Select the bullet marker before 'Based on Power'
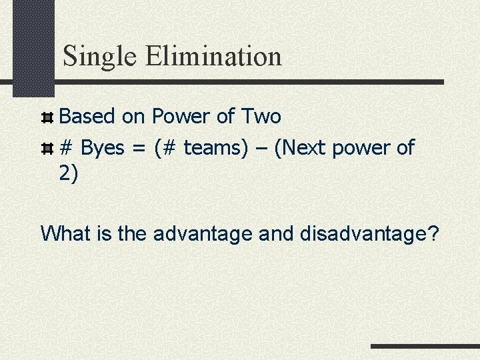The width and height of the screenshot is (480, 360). pos(47,117)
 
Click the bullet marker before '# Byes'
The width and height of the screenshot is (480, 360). pos(47,148)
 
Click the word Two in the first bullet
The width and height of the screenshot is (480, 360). pos(261,117)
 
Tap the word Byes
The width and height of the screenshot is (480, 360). pos(102,148)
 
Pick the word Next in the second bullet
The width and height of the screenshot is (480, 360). pos(304,148)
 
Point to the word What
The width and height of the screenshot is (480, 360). pos(67,233)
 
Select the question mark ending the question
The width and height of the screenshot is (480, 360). pos(433,233)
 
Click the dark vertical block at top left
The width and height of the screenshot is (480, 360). pos(33,47)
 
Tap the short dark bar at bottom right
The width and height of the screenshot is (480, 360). pos(425,347)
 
